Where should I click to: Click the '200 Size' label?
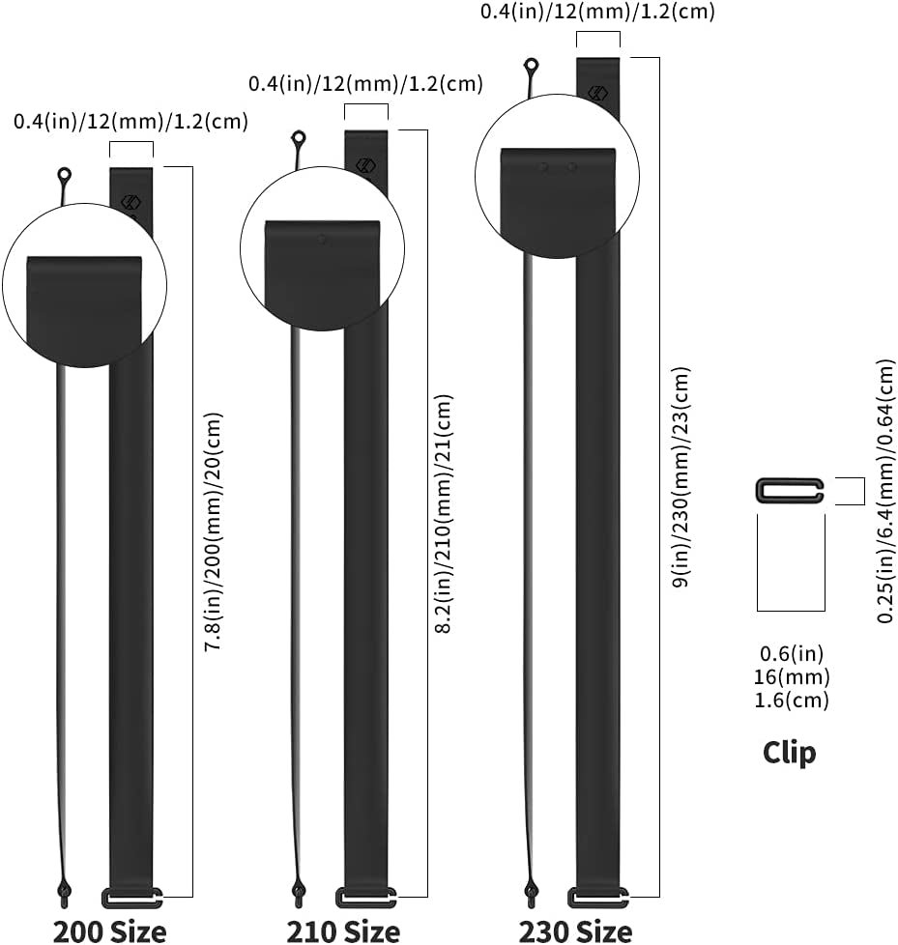pos(109,931)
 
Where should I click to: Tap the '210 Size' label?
pos(343,931)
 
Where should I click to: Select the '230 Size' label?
pos(576,931)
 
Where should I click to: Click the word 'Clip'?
pos(789,753)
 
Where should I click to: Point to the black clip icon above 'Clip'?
pos(790,490)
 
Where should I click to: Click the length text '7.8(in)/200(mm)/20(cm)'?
pos(213,531)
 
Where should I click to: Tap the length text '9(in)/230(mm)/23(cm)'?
pos(681,478)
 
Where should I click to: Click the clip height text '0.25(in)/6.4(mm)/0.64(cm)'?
pos(886,490)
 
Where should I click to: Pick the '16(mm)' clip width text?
pos(792,677)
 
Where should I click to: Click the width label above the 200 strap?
pos(130,122)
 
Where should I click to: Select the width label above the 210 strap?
pos(365,83)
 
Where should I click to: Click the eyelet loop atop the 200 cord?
pos(65,176)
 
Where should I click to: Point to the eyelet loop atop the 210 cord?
pos(299,138)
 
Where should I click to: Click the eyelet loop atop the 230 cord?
pos(532,66)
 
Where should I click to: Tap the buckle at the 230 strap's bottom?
pos(598,898)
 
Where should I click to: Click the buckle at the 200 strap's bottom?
pos(130,898)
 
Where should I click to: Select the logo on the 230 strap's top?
pos(597,93)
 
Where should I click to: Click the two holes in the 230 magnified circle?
pos(558,167)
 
